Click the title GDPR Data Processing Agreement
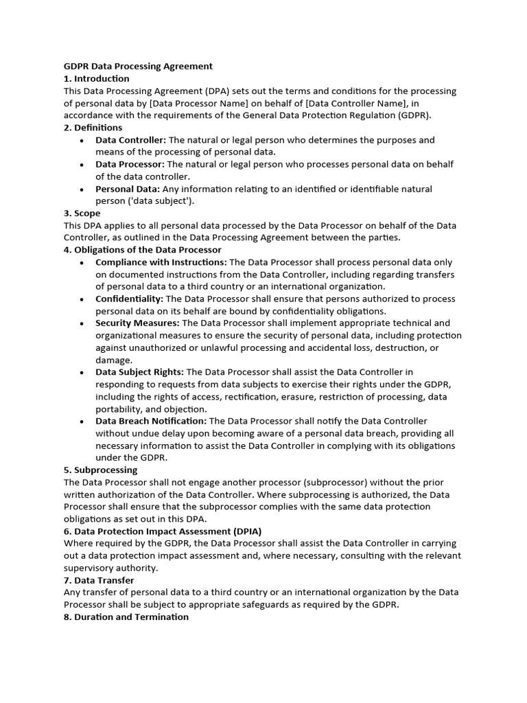point(138,67)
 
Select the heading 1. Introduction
point(96,79)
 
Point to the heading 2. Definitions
point(93,128)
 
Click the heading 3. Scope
point(82,214)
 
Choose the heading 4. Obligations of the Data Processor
point(142,250)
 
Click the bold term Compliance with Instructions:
point(161,262)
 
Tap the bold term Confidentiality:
point(130,299)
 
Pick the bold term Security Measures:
point(137,323)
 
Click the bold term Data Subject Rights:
point(139,372)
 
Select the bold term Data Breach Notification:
point(150,421)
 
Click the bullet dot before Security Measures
point(82,324)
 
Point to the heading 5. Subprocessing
point(100,470)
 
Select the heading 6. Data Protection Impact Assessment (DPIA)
point(163,531)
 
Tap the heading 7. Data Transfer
point(98,580)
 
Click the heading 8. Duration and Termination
point(126,617)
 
